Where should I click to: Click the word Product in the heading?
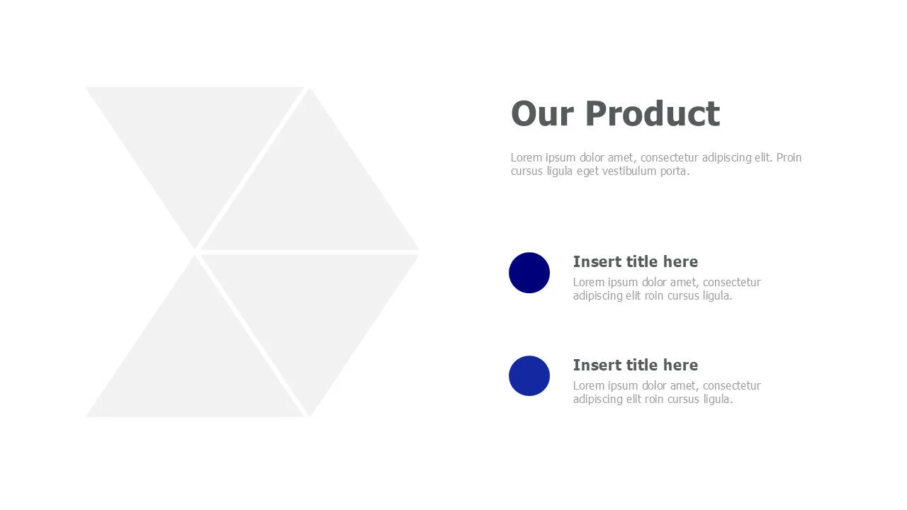click(652, 114)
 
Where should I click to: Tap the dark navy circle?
click(529, 273)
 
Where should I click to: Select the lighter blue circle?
click(529, 376)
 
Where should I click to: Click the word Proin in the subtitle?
click(789, 157)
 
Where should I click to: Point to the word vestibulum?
click(629, 171)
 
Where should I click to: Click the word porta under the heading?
click(675, 171)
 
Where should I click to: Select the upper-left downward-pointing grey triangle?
click(195, 142)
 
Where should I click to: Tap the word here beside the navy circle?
click(680, 261)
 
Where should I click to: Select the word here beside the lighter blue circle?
click(680, 365)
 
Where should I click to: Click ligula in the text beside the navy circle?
click(716, 296)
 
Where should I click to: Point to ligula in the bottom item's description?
click(716, 399)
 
